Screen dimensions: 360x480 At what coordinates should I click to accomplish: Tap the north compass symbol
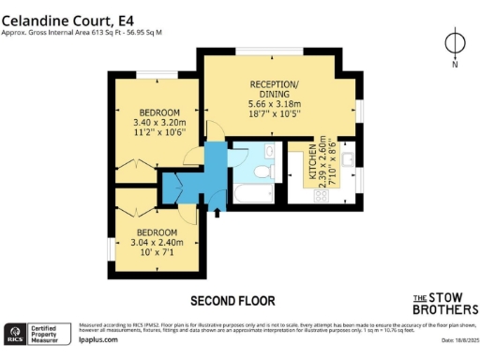click(455, 45)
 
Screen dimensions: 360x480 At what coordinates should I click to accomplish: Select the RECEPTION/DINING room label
click(274, 89)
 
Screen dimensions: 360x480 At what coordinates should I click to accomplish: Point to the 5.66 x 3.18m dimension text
click(274, 105)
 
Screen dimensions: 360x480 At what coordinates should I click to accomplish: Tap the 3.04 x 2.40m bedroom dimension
click(157, 242)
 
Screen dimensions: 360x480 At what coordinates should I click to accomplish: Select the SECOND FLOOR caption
click(232, 301)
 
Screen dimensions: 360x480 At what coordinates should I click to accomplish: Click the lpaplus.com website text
click(99, 341)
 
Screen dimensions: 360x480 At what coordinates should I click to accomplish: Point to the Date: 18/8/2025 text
click(455, 341)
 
